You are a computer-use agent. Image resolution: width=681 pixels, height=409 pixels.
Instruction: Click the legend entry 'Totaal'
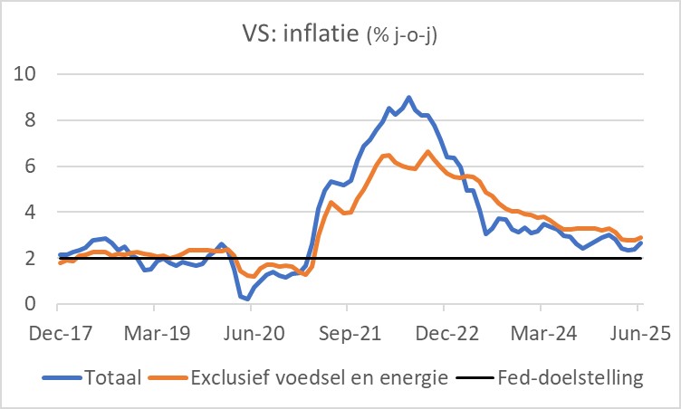click(112, 378)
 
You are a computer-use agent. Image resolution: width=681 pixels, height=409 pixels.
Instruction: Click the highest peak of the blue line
click(408, 97)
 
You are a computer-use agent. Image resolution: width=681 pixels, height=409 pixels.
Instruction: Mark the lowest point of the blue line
click(246, 298)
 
